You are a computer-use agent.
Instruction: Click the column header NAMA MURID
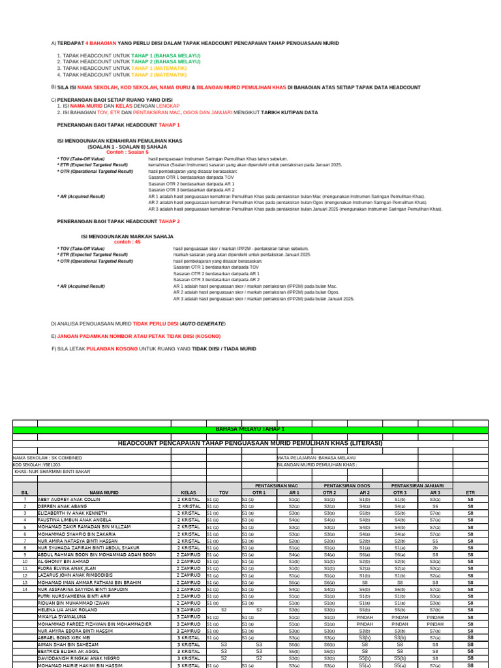[x=103, y=493]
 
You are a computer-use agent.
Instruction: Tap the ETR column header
[x=470, y=493]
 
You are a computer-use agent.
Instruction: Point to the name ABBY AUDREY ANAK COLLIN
[x=69, y=499]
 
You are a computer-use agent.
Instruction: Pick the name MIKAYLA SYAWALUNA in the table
[x=62, y=616]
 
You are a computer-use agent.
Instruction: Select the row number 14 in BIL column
[x=25, y=588]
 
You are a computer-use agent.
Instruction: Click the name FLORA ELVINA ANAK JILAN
[x=67, y=568]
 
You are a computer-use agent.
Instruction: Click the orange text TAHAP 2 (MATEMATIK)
[x=159, y=75]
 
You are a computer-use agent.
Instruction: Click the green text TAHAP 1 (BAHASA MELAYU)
[x=166, y=56]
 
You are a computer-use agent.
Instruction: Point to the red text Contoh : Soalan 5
[x=127, y=151]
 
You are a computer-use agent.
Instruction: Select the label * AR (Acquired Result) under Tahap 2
[x=81, y=286]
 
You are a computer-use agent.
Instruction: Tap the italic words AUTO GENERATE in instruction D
[x=202, y=324]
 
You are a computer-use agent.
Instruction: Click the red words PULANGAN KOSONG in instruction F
[x=114, y=349]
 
